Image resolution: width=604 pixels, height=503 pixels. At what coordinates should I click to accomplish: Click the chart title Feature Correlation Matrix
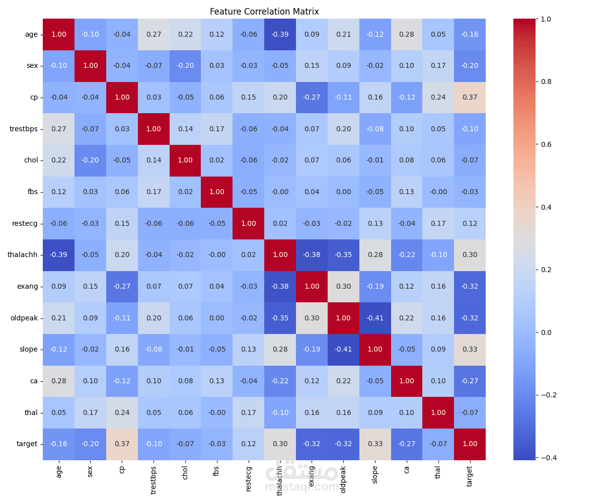click(264, 12)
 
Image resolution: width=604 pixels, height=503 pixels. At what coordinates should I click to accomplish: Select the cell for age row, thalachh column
click(280, 34)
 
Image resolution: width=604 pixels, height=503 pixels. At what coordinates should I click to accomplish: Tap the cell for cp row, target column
click(470, 97)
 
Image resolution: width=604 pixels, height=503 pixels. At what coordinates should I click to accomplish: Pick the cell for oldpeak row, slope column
click(375, 318)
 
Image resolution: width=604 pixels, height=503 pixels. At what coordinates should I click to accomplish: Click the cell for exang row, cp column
click(122, 286)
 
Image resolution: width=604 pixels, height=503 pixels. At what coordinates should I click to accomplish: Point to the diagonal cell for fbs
click(217, 192)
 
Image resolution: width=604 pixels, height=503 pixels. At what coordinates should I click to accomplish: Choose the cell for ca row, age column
click(58, 381)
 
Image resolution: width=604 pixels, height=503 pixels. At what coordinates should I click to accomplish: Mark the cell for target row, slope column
click(375, 444)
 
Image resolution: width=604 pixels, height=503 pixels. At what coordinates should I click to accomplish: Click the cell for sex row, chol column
click(185, 65)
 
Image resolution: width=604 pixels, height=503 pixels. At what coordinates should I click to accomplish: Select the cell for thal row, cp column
click(122, 412)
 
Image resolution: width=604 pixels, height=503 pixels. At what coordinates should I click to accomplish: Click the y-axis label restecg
click(25, 223)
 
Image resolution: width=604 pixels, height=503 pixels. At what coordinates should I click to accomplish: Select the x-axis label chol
click(185, 472)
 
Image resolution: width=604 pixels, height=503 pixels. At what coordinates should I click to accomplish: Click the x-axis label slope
click(375, 474)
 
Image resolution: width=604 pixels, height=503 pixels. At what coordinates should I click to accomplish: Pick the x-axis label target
click(470, 475)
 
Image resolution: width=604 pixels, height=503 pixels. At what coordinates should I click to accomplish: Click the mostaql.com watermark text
click(302, 487)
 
